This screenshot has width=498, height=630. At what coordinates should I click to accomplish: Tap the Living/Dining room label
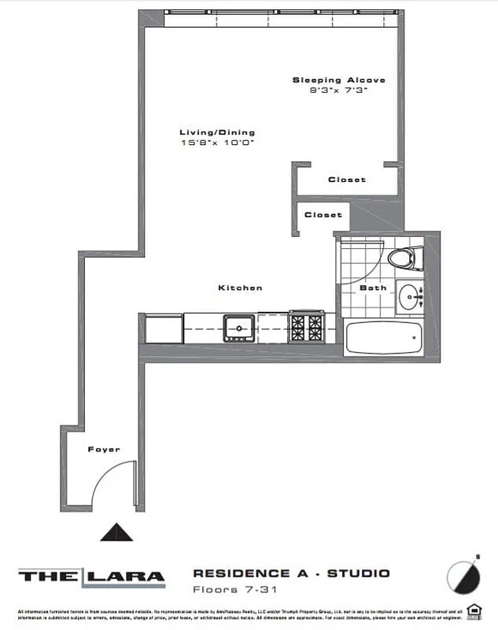217,132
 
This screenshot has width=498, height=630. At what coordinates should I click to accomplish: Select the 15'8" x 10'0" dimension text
217,143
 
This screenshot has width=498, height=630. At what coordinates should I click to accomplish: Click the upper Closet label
347,180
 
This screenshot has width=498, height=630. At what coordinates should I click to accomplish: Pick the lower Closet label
323,214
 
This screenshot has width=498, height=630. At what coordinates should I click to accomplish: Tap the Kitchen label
240,288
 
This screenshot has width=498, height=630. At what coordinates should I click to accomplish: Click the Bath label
373,287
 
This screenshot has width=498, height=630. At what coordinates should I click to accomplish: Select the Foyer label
104,450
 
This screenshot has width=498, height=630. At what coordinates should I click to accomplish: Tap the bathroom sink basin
409,298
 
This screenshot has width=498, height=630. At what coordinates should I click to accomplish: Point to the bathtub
384,339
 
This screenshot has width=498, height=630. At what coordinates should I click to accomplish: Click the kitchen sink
238,325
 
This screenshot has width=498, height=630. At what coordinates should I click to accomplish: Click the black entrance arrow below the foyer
118,533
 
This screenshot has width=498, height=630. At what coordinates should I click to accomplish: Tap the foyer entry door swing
114,484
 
